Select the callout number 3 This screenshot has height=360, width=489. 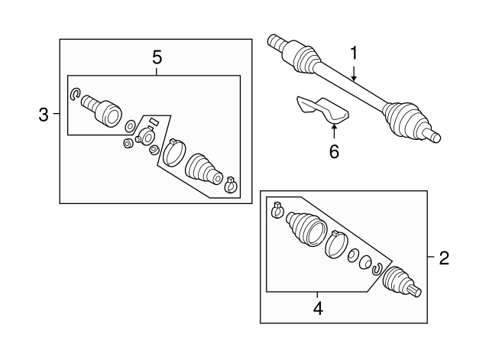pos(44,115)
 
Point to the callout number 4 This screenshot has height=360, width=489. pos(318,309)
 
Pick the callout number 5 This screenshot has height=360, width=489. pos(157,57)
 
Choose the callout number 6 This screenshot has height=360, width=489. pos(334,151)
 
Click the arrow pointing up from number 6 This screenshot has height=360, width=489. pos(334,130)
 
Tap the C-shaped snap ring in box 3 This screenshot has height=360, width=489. pos(75,94)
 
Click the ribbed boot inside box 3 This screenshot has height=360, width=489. pos(203,167)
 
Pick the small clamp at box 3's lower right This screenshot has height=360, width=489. pos(231,183)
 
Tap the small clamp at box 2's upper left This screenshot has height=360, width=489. pos(278,208)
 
